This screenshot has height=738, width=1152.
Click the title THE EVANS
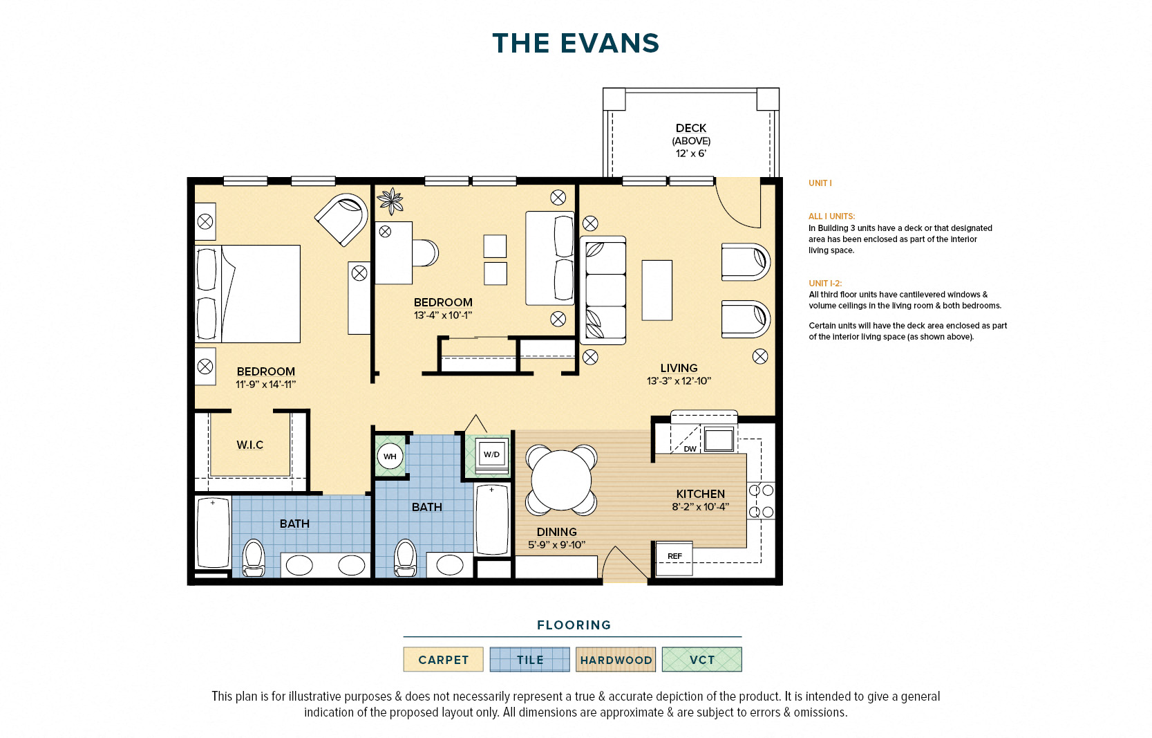point(576,44)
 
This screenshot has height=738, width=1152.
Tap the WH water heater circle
point(390,456)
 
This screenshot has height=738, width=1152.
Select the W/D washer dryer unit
point(491,454)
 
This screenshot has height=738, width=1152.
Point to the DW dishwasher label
point(690,449)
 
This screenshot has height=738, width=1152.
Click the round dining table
point(561,480)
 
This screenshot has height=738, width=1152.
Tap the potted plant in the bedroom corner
point(391,201)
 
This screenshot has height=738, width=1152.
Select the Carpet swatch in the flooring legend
point(443,659)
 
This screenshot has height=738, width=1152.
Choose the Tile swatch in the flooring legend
point(530,659)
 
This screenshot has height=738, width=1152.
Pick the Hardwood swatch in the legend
point(616,659)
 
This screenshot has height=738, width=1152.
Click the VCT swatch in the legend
point(702,659)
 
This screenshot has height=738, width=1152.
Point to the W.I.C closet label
point(250,445)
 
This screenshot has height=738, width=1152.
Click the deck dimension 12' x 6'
point(690,154)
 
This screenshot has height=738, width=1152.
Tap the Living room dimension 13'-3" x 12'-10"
point(679,381)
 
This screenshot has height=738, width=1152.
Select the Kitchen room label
point(701,494)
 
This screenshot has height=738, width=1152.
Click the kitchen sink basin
point(719,439)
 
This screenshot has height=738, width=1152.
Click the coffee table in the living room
point(657,290)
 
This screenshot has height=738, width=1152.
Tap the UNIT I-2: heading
point(825,283)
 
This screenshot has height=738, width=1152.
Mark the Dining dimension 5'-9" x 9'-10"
point(556,544)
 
